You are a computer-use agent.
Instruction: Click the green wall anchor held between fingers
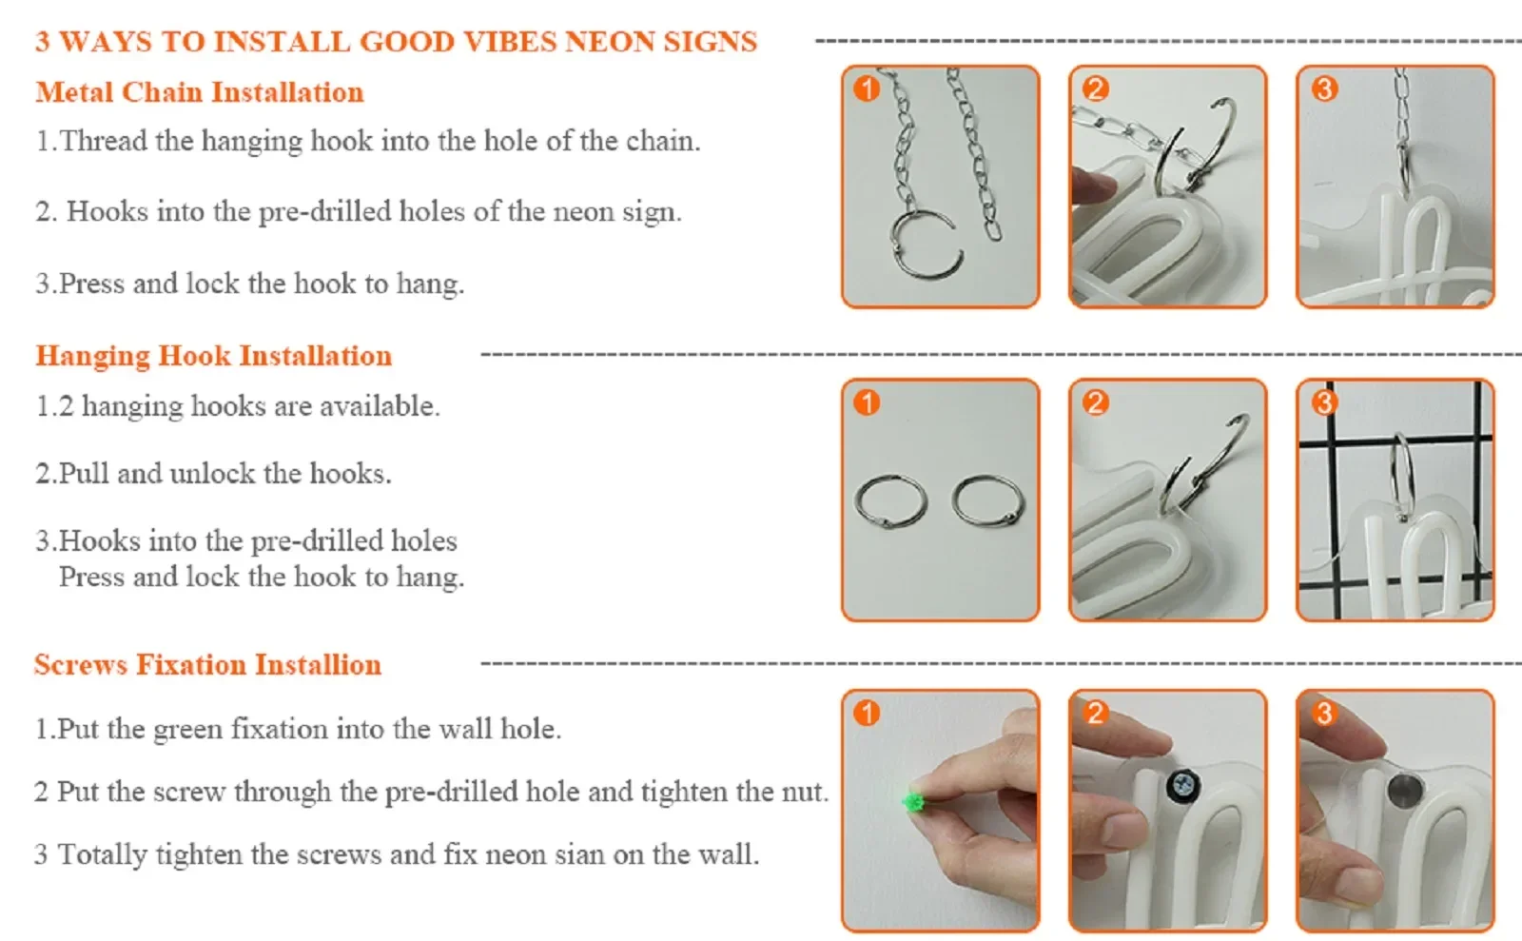coord(912,802)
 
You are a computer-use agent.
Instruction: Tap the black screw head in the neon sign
coord(1183,786)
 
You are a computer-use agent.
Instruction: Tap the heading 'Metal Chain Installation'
coord(200,92)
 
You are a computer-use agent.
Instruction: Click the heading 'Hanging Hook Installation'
coord(214,356)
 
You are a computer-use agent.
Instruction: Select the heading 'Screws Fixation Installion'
coord(208,664)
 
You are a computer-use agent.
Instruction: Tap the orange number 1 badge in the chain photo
coord(867,89)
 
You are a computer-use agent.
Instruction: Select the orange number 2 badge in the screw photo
coord(1095,714)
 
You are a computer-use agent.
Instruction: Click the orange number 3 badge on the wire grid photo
coord(1324,402)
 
